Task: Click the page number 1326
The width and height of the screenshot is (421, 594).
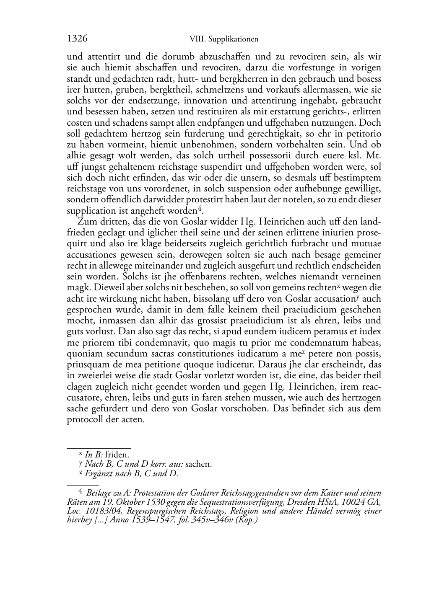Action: [77, 39]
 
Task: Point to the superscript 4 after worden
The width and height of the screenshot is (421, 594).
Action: [200, 208]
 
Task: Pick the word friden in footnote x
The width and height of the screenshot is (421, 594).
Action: [117, 455]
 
